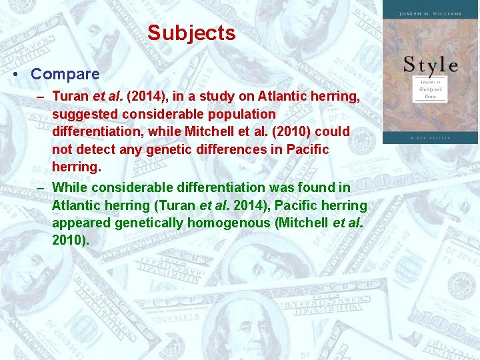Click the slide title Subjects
click(191, 33)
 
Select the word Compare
click(65, 74)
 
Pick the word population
click(242, 115)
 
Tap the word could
click(332, 132)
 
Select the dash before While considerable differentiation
click(41, 187)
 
